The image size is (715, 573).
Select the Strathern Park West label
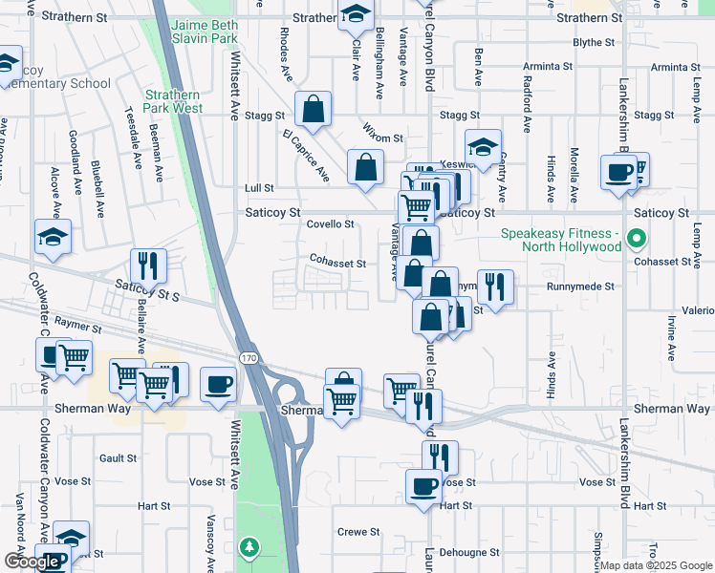[x=174, y=101]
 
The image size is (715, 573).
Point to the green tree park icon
[x=249, y=547]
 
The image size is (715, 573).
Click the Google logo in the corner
[x=32, y=562]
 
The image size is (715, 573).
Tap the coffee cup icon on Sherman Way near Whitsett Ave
[x=219, y=386]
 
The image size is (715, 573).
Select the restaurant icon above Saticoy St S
[x=147, y=265]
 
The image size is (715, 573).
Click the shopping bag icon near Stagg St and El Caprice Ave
[x=313, y=111]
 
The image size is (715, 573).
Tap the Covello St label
[x=330, y=224]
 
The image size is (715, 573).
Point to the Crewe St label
[x=358, y=532]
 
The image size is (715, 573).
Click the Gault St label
[x=119, y=458]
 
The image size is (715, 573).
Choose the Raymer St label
[x=78, y=324]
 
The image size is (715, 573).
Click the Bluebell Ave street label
[x=97, y=172]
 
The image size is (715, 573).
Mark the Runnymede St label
[x=580, y=286]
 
